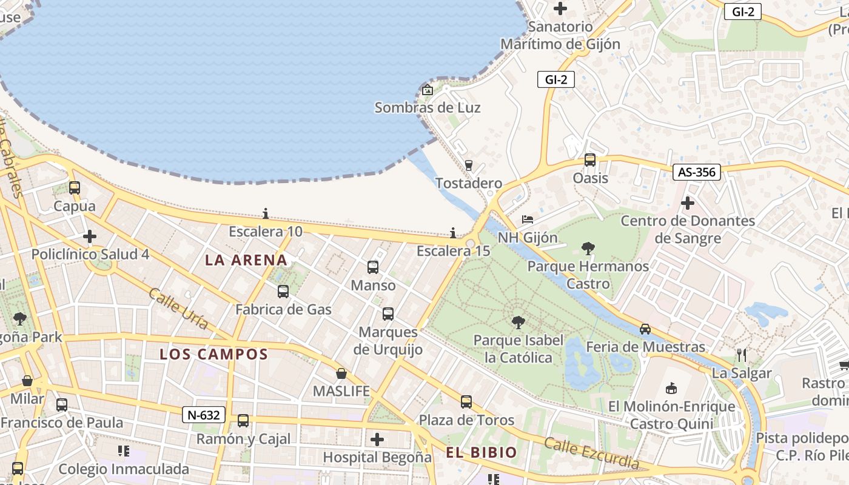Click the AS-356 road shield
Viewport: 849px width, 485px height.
[697, 172]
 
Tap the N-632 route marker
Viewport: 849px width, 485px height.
[204, 415]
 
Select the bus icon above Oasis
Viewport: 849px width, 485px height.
[590, 160]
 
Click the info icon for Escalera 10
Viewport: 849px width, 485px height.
[266, 213]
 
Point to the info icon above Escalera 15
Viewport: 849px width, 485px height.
[453, 233]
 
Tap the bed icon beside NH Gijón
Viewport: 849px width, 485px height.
[528, 219]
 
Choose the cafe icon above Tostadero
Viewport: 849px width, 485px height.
[468, 165]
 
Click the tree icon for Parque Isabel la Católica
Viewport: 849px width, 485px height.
[518, 322]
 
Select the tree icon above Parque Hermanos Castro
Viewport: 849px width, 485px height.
[588, 247]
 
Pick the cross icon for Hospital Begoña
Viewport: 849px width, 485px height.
[377, 439]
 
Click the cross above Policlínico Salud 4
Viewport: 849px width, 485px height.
[90, 236]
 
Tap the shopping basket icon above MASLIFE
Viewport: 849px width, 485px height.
[341, 373]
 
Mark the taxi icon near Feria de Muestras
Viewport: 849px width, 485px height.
[645, 329]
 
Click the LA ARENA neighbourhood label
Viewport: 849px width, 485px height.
[246, 260]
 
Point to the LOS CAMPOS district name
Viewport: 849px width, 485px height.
[213, 355]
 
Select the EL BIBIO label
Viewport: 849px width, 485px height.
[482, 452]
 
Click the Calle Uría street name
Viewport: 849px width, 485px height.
[178, 309]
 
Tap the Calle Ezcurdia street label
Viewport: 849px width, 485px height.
[591, 453]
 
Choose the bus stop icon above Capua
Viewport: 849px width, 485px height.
[75, 188]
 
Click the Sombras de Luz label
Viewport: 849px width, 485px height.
[428, 108]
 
